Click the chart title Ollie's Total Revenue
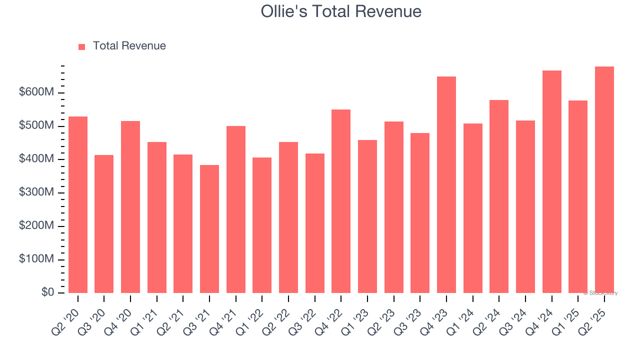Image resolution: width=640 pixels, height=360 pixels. [x=341, y=11]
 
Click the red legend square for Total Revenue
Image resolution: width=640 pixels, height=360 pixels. [x=82, y=46]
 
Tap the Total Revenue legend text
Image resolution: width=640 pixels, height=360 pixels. [x=129, y=46]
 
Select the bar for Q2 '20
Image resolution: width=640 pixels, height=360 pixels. [x=78, y=205]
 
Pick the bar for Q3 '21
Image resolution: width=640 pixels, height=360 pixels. [x=209, y=229]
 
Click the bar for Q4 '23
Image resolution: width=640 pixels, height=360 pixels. [x=446, y=185]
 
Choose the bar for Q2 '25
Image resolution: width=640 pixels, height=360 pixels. [x=604, y=180]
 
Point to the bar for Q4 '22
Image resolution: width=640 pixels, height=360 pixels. [x=341, y=201]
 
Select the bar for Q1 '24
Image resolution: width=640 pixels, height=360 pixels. [x=472, y=208]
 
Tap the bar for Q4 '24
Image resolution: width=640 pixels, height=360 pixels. [x=551, y=182]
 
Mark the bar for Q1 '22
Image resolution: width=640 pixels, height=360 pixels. [x=262, y=225]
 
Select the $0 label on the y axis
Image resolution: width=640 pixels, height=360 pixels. [x=47, y=292]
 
